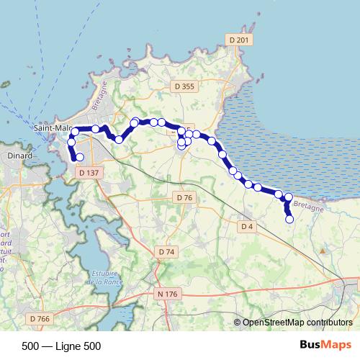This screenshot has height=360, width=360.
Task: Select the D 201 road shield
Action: (237, 40)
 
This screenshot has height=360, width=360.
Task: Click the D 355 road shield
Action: (184, 86)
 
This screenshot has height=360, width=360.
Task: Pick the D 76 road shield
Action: (184, 197)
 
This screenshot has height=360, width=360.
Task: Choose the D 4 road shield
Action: (247, 226)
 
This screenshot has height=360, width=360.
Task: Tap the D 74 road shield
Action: (166, 251)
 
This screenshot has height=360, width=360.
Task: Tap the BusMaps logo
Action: (325, 346)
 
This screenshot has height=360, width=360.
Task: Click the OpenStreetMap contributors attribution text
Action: (297, 323)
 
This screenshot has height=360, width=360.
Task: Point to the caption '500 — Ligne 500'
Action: (61, 346)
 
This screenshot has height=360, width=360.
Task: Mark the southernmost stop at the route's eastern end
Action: (290, 220)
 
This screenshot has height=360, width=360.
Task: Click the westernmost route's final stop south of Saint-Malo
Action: (79, 157)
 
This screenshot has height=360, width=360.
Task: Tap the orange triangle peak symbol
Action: (322, 251)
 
